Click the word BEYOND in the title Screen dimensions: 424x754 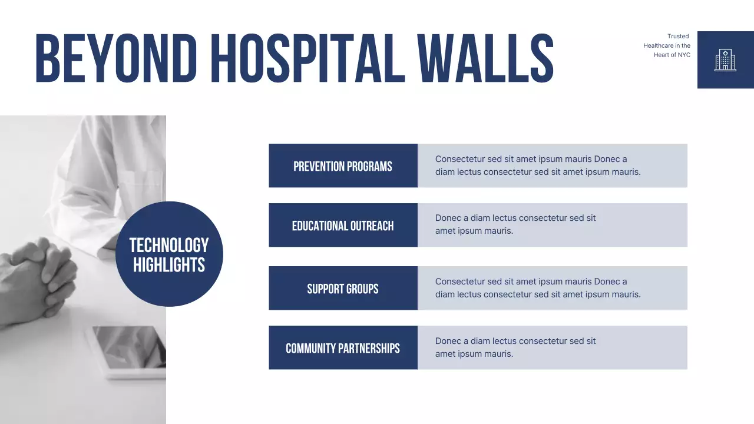click(x=116, y=57)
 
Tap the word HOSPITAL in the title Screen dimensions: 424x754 click(x=307, y=57)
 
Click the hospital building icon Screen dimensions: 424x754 click(x=725, y=60)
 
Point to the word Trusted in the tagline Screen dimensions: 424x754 click(x=678, y=37)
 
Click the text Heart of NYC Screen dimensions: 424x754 click(x=672, y=55)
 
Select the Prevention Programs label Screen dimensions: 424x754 click(x=343, y=166)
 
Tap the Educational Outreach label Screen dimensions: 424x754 click(x=343, y=226)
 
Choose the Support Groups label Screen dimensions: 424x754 click(x=343, y=289)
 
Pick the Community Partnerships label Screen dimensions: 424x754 click(x=343, y=348)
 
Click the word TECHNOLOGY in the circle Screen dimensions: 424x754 click(x=169, y=245)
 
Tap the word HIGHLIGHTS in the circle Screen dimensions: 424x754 click(x=169, y=265)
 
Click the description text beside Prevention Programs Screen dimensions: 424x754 click(x=537, y=165)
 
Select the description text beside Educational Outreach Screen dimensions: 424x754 click(x=515, y=224)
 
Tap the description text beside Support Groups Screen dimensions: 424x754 click(x=537, y=288)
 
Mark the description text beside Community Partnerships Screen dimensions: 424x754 click(x=515, y=347)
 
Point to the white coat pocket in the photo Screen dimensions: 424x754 click(x=141, y=188)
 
